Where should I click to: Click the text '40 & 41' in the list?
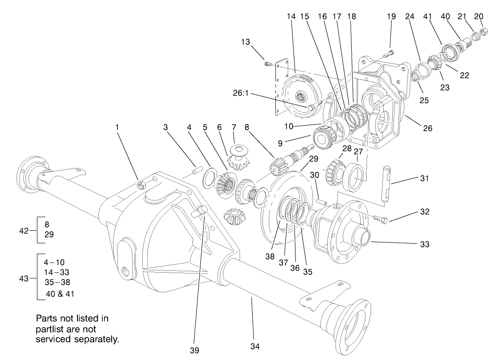pyautogui.click(x=59, y=294)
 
